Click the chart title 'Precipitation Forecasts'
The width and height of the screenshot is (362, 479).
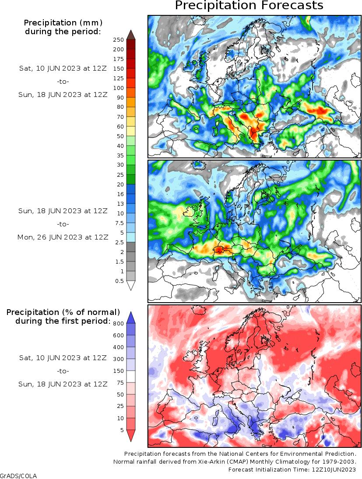[x=249, y=6]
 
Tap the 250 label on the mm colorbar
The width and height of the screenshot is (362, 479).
[x=119, y=39]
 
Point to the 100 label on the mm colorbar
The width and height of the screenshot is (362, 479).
[x=119, y=88]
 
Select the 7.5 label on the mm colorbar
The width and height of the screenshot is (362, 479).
[x=119, y=223]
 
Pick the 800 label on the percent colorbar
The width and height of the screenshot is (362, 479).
[x=119, y=324]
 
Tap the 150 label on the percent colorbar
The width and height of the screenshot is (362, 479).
[x=119, y=371]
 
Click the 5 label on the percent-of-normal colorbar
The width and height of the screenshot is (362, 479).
[x=121, y=430]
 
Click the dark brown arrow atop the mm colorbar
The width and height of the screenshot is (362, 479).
[x=130, y=35]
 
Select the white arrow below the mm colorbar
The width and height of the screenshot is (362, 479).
[x=130, y=285]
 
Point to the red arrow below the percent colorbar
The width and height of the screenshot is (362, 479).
[x=130, y=435]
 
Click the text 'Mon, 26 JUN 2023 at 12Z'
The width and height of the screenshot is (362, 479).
[x=63, y=237]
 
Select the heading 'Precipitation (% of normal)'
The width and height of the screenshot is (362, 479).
[x=63, y=312]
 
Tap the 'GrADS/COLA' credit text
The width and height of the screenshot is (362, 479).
[x=18, y=476]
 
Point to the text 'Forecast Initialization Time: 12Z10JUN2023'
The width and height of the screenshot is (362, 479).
[x=292, y=469]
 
